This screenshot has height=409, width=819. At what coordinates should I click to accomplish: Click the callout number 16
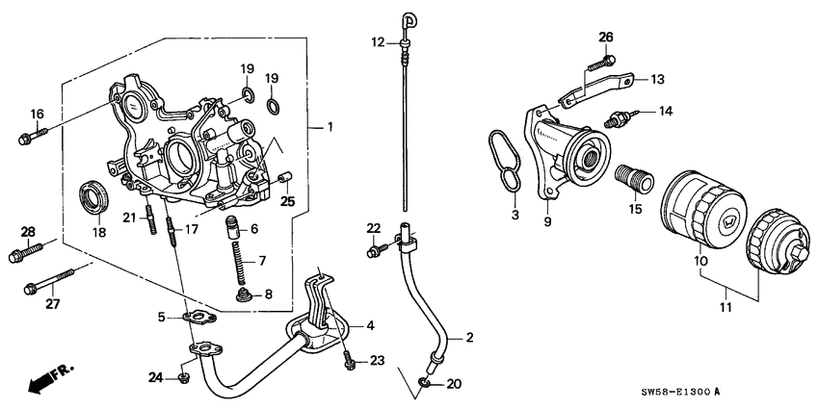[x=37, y=115]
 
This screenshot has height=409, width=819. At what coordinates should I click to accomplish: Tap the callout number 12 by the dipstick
[x=378, y=41]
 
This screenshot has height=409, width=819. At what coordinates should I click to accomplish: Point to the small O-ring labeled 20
[x=425, y=386]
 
